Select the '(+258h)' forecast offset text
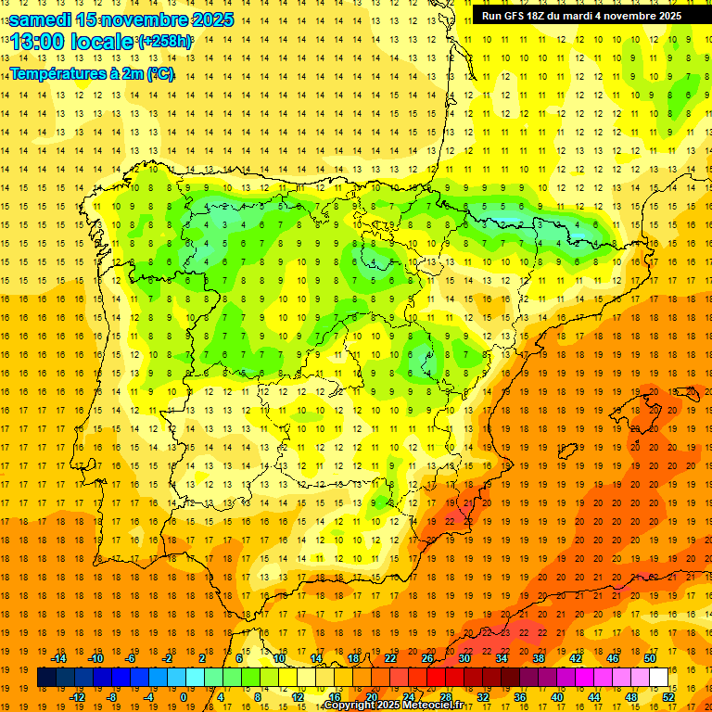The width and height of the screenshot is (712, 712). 165,42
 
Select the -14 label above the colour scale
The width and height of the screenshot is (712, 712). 59,658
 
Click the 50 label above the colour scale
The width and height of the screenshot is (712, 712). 649,658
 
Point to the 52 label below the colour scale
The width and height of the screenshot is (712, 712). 667,697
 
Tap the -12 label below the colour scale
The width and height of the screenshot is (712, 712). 78,697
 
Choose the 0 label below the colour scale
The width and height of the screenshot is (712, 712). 184,697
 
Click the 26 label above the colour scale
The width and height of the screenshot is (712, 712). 427,658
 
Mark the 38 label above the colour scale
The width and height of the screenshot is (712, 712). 538,658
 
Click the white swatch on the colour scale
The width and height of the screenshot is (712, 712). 658,678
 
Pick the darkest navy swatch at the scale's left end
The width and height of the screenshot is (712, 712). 46,678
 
